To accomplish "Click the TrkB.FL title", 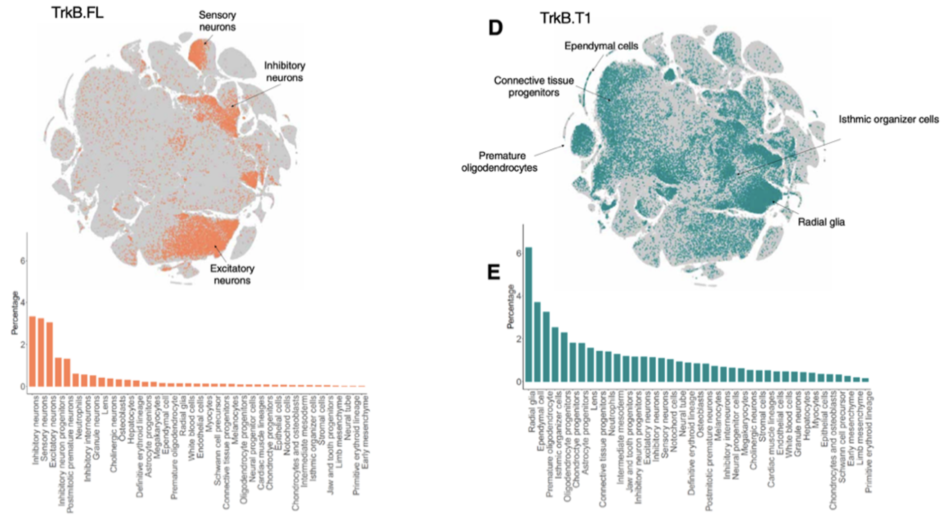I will tap(77, 13).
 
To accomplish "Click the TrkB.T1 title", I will tap(565, 18).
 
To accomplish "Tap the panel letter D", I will tap(495, 28).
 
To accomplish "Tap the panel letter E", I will tap(493, 272).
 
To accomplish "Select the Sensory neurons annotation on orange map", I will tap(217, 21).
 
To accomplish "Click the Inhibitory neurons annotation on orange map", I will tap(284, 71).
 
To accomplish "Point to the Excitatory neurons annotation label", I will tap(232, 274).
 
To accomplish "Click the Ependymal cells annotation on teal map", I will tap(601, 46).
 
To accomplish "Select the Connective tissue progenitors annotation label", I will tap(534, 86).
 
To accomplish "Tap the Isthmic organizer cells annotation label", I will tap(888, 119).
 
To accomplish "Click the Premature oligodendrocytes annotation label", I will tap(500, 162).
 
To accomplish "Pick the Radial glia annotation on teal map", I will tap(821, 222).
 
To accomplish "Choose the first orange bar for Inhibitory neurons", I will tap(33, 351).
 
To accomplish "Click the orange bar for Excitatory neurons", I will tap(50, 354).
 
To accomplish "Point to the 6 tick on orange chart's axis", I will tap(23, 261).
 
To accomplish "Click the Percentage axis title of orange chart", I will tap(15, 313).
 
